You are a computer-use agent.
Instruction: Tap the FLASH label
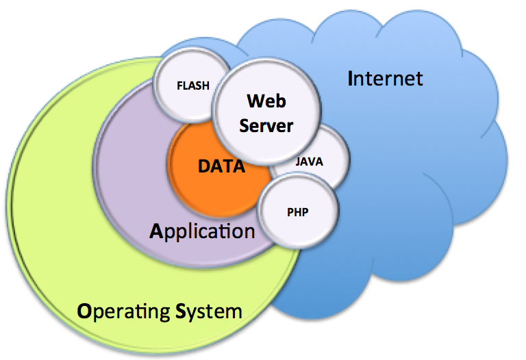tap(193, 86)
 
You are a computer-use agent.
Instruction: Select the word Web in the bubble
tap(266, 101)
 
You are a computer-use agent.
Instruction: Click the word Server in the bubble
tap(266, 126)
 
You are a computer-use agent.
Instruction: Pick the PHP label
tap(298, 211)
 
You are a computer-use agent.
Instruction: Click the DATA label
tap(221, 166)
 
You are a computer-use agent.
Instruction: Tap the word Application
tap(202, 230)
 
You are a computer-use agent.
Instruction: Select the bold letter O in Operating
tap(84, 312)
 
